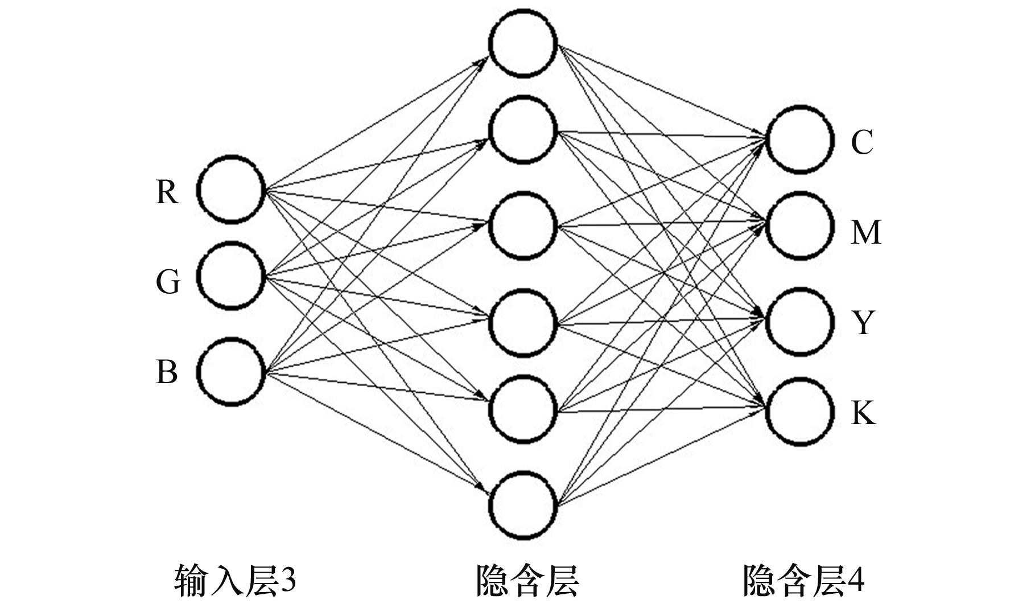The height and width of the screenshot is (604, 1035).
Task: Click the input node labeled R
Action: pos(232,190)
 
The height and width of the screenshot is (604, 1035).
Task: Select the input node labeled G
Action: pos(232,276)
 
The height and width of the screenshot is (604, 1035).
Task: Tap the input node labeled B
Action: pos(232,372)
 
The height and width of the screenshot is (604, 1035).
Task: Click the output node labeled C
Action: pos(800,140)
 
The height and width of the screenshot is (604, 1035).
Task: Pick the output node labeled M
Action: pos(800,226)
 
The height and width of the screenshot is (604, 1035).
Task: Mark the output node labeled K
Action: pos(800,412)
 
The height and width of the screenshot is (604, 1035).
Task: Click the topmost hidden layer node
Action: pos(522,43)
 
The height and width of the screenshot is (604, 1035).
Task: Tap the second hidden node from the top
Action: pos(522,130)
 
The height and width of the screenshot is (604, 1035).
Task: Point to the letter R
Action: pos(167,192)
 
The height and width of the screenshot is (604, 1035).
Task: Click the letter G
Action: pos(167,282)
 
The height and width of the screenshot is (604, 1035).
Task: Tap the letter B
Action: pos(166,372)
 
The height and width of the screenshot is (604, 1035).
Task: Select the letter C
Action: pos(862,143)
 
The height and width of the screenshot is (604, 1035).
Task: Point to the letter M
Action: pos(865,233)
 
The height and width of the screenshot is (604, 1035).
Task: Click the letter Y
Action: pos(863,323)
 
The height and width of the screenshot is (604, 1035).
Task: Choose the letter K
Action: pos(863,413)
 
